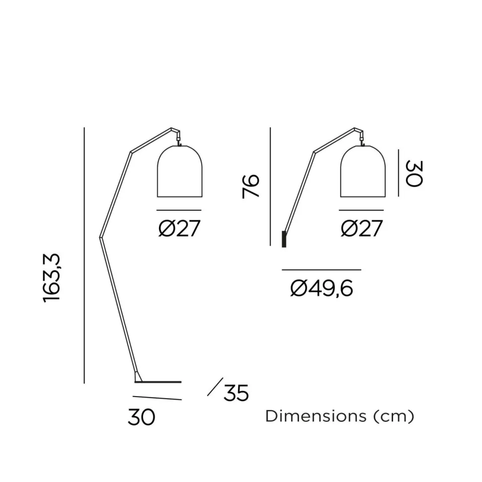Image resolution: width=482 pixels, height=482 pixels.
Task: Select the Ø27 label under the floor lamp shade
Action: (179, 229)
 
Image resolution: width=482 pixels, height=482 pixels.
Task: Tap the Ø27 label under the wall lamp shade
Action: (362, 229)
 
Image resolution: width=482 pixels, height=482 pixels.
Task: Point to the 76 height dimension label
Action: (251, 186)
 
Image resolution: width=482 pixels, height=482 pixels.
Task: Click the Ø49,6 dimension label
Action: (321, 288)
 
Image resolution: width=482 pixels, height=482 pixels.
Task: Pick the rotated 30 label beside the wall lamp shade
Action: (413, 172)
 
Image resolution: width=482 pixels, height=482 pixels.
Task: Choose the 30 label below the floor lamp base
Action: (142, 417)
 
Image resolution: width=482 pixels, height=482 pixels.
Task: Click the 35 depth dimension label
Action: (236, 394)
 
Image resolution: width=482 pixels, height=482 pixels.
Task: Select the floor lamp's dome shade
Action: (179, 171)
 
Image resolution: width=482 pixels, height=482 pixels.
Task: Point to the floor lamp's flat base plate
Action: (158, 382)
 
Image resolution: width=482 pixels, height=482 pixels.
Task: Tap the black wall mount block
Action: (284, 239)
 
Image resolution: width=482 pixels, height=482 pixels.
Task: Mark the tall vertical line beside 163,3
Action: (84, 256)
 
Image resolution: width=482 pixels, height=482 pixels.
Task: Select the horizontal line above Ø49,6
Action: (321, 270)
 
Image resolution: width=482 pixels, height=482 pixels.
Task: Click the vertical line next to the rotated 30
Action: (398, 172)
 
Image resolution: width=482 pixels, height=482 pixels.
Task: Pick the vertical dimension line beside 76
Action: (270, 186)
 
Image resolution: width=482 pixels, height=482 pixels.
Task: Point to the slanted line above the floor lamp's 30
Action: (157, 398)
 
